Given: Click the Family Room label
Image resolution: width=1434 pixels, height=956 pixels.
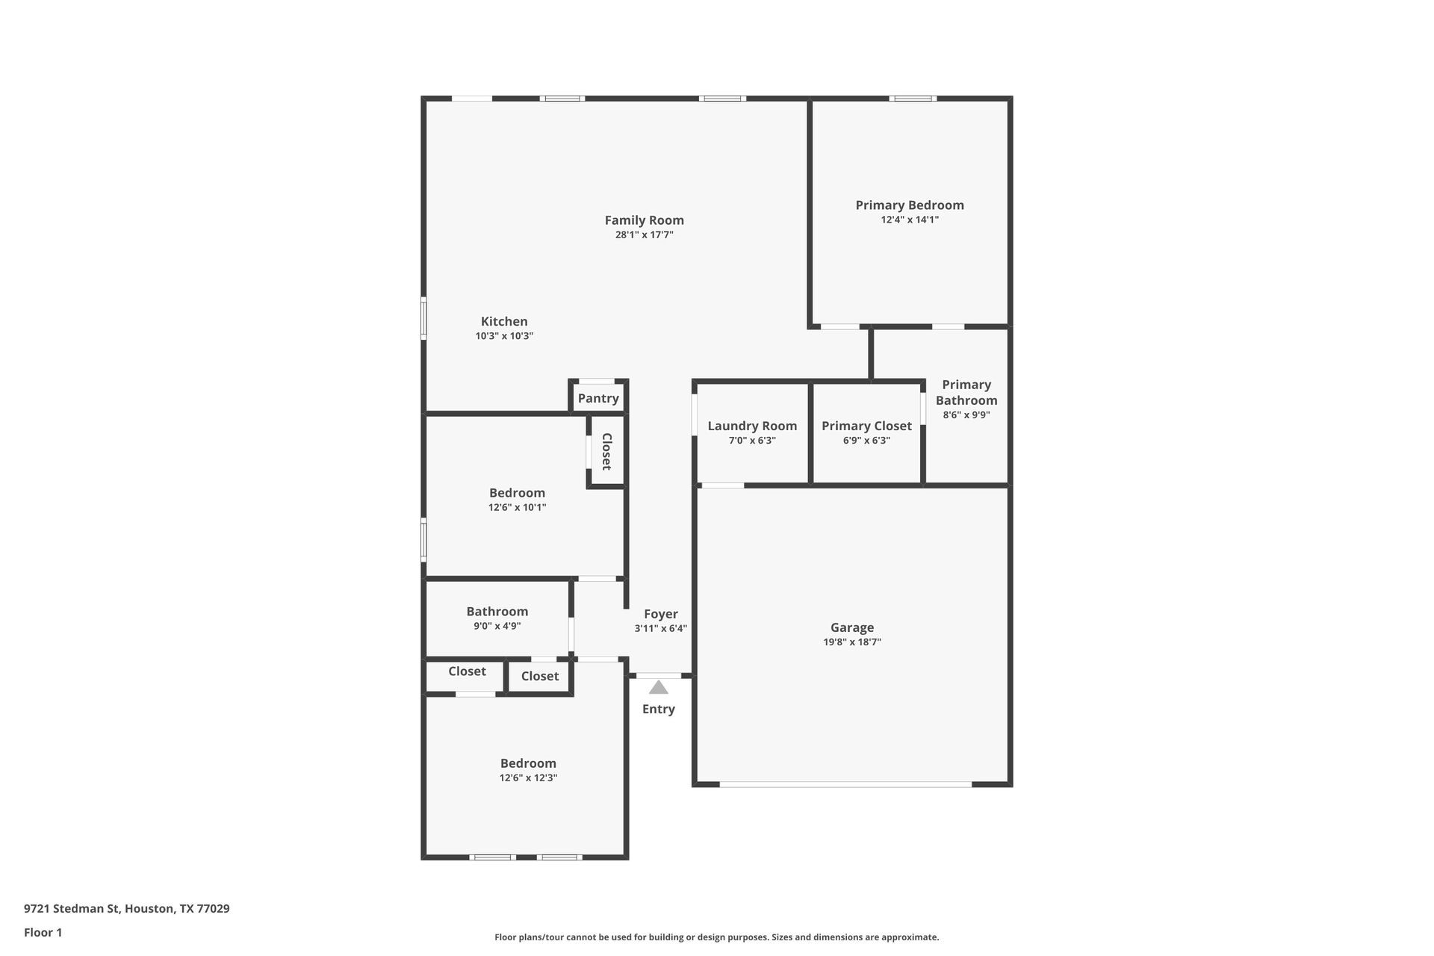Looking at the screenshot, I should [644, 220].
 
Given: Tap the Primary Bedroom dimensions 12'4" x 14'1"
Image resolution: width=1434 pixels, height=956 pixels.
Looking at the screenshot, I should [909, 220].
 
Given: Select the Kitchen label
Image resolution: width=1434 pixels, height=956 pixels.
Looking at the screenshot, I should [504, 322].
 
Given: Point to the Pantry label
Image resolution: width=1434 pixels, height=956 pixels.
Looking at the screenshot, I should [598, 398].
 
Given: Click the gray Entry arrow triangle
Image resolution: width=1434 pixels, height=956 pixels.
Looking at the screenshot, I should [658, 688].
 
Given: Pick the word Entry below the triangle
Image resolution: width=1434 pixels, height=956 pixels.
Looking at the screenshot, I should [658, 709].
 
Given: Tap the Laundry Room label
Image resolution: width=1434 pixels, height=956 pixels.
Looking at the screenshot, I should [752, 426].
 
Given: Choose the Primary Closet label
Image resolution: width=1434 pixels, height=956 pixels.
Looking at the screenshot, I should [866, 426].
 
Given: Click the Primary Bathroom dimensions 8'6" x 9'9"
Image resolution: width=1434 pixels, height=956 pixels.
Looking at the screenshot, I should [966, 415].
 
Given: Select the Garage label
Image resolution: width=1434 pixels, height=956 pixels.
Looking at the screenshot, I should [851, 627].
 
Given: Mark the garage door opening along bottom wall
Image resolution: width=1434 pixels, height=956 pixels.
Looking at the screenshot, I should [845, 784].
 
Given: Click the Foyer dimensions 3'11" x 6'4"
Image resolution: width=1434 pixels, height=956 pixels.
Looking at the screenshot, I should [660, 629].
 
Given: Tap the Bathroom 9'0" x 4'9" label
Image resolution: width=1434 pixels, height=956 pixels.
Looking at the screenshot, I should [497, 612].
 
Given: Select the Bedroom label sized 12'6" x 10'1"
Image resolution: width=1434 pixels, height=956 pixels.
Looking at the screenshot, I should [517, 493].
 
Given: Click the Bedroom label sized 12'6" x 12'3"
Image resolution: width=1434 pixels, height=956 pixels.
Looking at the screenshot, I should [528, 763].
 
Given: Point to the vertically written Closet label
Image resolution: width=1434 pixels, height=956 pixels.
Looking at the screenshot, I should [606, 451].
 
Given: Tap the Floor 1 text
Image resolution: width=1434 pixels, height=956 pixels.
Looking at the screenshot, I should [43, 932].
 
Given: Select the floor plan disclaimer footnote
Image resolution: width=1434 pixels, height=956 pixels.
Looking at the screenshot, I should [716, 937].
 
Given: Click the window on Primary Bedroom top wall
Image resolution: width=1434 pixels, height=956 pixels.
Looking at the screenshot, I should [912, 99].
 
